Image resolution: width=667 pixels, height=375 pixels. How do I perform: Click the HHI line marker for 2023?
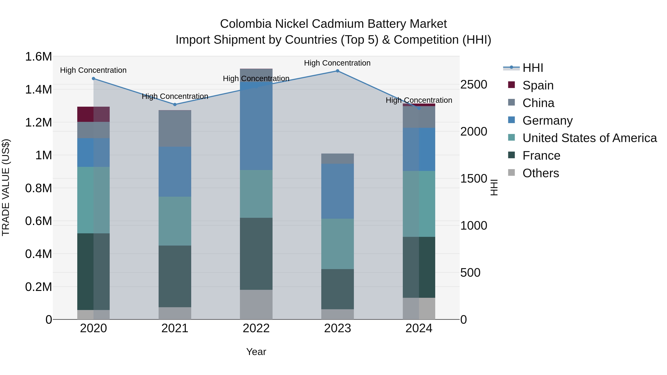(337, 71)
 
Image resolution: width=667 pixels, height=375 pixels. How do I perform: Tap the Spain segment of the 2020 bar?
(94, 114)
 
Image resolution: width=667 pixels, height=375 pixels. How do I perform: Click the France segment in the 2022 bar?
(256, 254)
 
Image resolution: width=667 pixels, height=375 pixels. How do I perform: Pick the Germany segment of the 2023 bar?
(337, 191)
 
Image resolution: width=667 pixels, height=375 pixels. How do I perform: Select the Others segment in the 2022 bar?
(256, 305)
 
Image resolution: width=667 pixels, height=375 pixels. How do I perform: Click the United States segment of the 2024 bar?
(419, 204)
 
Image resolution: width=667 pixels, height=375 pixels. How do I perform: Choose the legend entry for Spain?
(538, 85)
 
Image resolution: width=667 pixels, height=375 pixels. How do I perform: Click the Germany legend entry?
(547, 121)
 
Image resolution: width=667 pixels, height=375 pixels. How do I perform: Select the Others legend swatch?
(511, 173)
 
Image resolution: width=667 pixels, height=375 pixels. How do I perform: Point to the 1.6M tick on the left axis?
(39, 57)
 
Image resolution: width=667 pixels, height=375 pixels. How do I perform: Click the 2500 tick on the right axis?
(474, 85)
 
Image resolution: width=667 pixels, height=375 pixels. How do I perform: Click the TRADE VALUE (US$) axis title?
(6, 188)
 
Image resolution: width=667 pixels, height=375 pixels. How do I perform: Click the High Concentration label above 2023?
(337, 63)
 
